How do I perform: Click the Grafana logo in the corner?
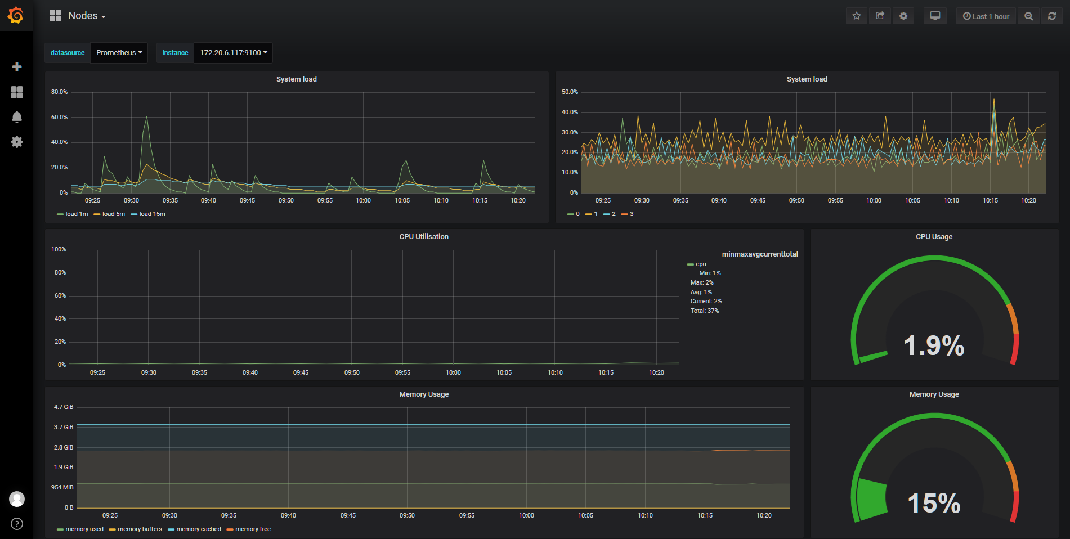pyautogui.click(x=16, y=15)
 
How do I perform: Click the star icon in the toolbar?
pyautogui.click(x=856, y=16)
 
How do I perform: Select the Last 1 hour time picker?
pyautogui.click(x=986, y=16)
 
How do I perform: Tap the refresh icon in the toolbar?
pyautogui.click(x=1051, y=16)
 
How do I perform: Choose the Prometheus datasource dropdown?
pyautogui.click(x=119, y=53)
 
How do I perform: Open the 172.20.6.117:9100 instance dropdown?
pyautogui.click(x=233, y=53)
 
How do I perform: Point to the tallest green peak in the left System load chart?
pyautogui.click(x=147, y=116)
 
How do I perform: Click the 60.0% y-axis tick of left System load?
pyautogui.click(x=59, y=117)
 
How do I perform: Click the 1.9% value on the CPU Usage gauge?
pyautogui.click(x=934, y=345)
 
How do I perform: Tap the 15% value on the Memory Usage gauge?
pyautogui.click(x=934, y=503)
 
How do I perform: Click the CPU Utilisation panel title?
pyautogui.click(x=424, y=237)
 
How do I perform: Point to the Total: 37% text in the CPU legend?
pyautogui.click(x=705, y=311)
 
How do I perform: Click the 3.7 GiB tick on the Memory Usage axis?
pyautogui.click(x=64, y=427)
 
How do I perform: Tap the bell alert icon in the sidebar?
pyautogui.click(x=17, y=117)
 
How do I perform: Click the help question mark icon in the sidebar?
pyautogui.click(x=17, y=524)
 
